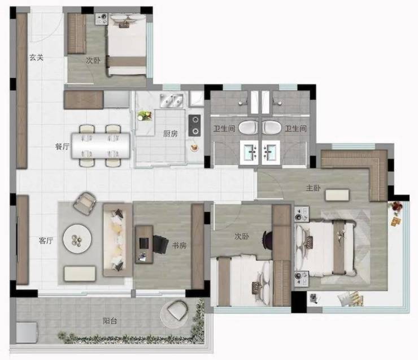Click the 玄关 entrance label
pyautogui.click(x=37, y=57)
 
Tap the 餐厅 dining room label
pyautogui.click(x=62, y=146)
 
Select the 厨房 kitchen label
pyautogui.click(x=171, y=133)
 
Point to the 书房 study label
pyautogui.click(x=179, y=245)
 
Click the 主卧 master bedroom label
pyautogui.click(x=313, y=188)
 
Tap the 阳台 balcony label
pyautogui.click(x=110, y=321)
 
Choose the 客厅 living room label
pyautogui.click(x=46, y=241)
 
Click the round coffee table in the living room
pyautogui.click(x=77, y=239)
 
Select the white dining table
pyautogui.click(x=101, y=146)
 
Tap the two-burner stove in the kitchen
pyautogui.click(x=195, y=125)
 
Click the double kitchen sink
pyautogui.click(x=171, y=101)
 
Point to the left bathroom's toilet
pyautogui.click(x=248, y=127)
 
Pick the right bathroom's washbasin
pyautogui.click(x=271, y=153)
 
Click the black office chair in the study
pyautogui.click(x=160, y=244)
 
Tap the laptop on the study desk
pyautogui.click(x=144, y=243)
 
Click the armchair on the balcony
pyautogui.click(x=177, y=310)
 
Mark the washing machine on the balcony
pyautogui.click(x=27, y=332)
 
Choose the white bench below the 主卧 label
pyautogui.click(x=337, y=195)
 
